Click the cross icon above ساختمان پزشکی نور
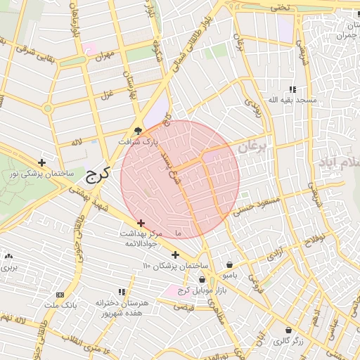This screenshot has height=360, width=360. pos(41,162)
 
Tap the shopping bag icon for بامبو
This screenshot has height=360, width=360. pos(230,265)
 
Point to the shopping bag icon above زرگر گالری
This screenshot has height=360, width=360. pos(288,329)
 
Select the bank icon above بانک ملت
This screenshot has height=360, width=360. pos(60,295)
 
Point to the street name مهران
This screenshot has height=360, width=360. pos(104,55)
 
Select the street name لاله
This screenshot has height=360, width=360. pos(76,142)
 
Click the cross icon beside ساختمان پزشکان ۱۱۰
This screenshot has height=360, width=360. pos(175,254)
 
